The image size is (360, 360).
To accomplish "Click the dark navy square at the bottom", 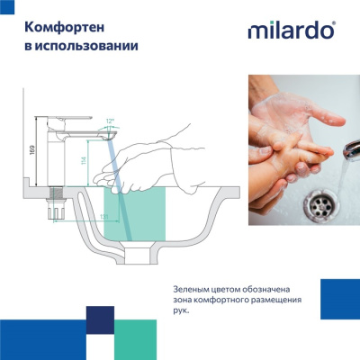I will click(100, 319).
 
